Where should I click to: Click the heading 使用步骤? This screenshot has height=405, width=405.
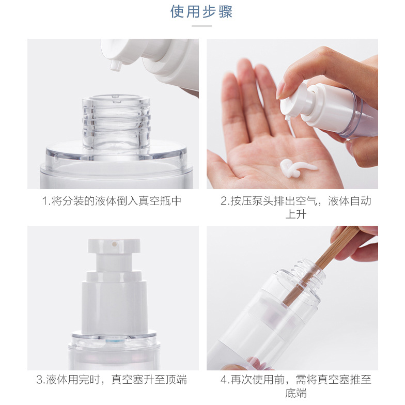tap(201, 11)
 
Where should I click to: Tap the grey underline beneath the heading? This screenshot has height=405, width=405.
tap(201, 26)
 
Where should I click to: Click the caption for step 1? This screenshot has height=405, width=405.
tap(112, 201)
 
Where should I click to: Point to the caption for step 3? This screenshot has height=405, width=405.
tap(112, 380)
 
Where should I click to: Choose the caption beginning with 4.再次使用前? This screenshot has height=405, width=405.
tap(295, 386)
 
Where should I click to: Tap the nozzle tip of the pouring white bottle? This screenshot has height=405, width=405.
tap(116, 66)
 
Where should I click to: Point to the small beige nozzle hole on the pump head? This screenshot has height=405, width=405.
tap(114, 244)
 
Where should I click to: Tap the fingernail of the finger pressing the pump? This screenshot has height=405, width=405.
tap(281, 89)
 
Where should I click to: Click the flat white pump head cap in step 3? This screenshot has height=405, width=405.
tap(114, 246)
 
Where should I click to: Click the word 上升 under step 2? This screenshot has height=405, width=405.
tap(295, 214)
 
